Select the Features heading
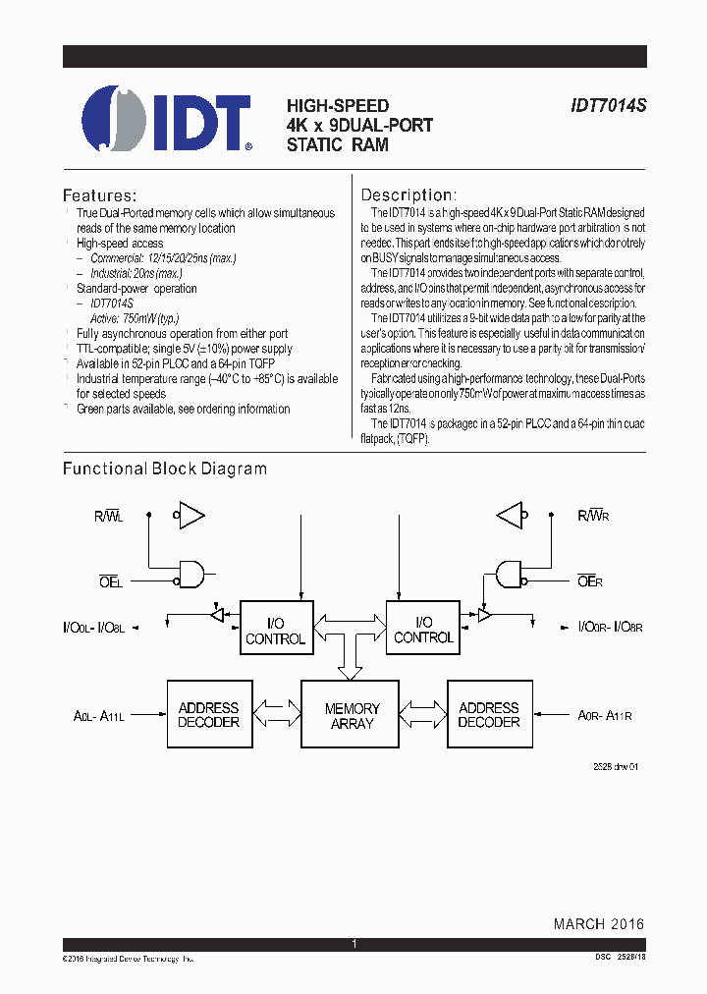[x=99, y=195]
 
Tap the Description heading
[x=408, y=195]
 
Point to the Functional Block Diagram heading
[x=165, y=469]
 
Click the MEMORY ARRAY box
[x=352, y=715]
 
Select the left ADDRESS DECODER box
[x=208, y=714]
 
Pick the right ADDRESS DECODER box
[x=488, y=714]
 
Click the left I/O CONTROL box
[x=276, y=630]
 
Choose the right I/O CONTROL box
[x=423, y=629]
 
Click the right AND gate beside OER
[x=510, y=574]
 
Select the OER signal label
[x=590, y=581]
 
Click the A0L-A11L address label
[x=99, y=717]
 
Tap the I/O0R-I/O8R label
[x=600, y=626]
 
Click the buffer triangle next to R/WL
[x=190, y=514]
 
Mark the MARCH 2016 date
[x=598, y=924]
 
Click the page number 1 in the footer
[x=353, y=944]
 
